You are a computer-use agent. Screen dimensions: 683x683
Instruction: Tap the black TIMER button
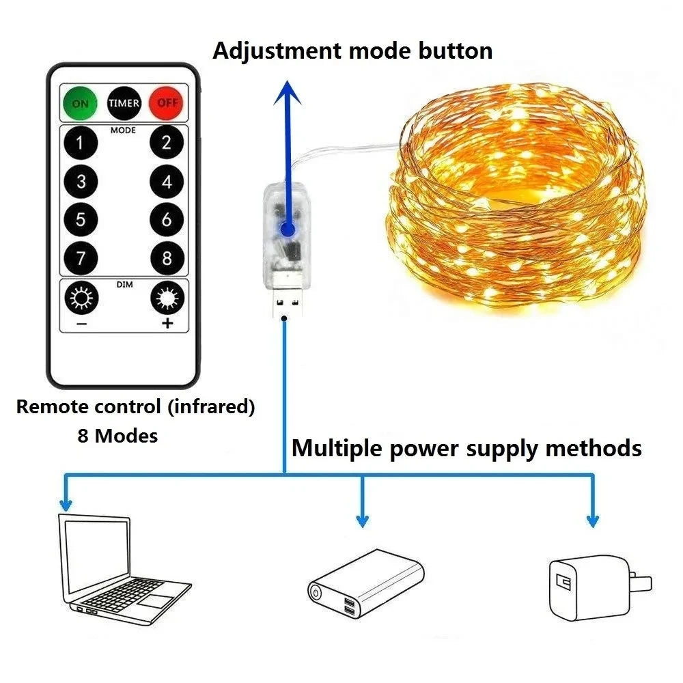(124, 102)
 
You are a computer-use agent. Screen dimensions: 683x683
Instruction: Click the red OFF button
(166, 102)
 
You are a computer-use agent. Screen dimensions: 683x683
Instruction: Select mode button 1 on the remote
(81, 143)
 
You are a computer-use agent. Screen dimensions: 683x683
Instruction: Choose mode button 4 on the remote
(167, 182)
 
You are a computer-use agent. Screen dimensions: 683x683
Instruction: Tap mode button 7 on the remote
(81, 259)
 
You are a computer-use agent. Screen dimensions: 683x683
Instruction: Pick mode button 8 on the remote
(167, 259)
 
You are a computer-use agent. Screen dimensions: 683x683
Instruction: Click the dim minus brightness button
(81, 299)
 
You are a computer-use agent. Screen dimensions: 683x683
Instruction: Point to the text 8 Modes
(117, 436)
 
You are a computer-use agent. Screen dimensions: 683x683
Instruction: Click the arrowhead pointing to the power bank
(362, 522)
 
